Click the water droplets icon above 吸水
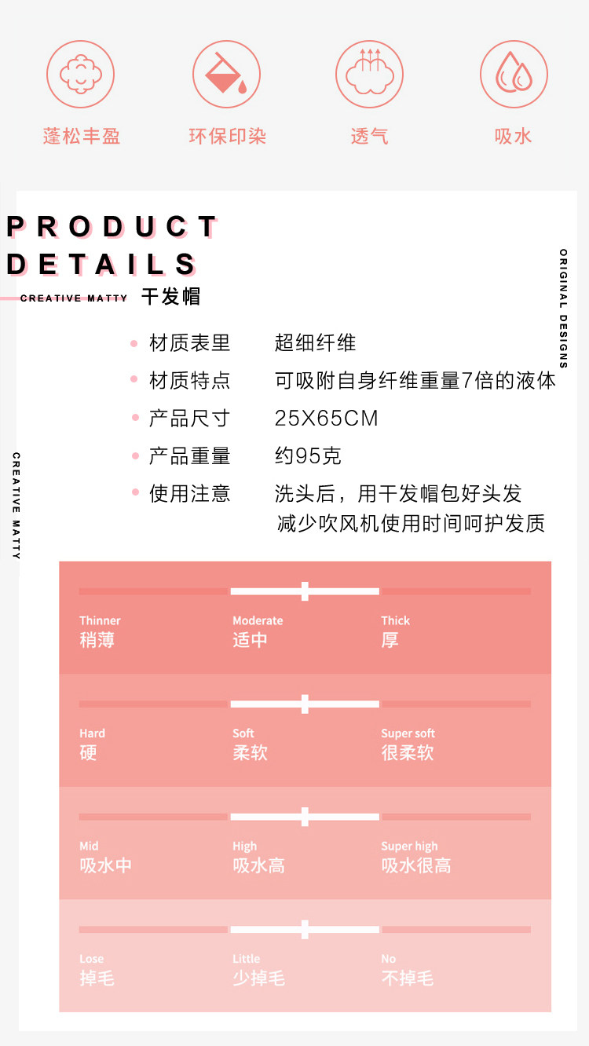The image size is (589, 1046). click(514, 75)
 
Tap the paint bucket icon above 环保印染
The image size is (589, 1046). click(226, 75)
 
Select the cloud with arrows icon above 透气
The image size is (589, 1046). click(369, 75)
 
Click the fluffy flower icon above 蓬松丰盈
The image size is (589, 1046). click(81, 75)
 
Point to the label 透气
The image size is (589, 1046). click(369, 137)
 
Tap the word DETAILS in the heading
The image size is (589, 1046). click(101, 265)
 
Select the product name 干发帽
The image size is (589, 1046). click(170, 297)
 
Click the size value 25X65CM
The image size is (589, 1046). click(326, 419)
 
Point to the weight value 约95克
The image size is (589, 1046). click(308, 456)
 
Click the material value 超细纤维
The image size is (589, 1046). click(315, 343)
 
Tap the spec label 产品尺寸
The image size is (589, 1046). click(189, 419)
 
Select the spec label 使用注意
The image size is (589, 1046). click(189, 494)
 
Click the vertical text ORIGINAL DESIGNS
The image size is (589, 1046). click(564, 309)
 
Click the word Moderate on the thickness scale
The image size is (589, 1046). click(258, 620)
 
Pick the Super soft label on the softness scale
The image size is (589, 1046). click(408, 733)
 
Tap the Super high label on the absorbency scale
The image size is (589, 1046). click(409, 847)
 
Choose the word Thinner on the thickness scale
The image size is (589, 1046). click(100, 620)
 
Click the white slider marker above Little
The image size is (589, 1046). click(305, 930)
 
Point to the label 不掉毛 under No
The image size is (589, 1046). click(407, 978)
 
